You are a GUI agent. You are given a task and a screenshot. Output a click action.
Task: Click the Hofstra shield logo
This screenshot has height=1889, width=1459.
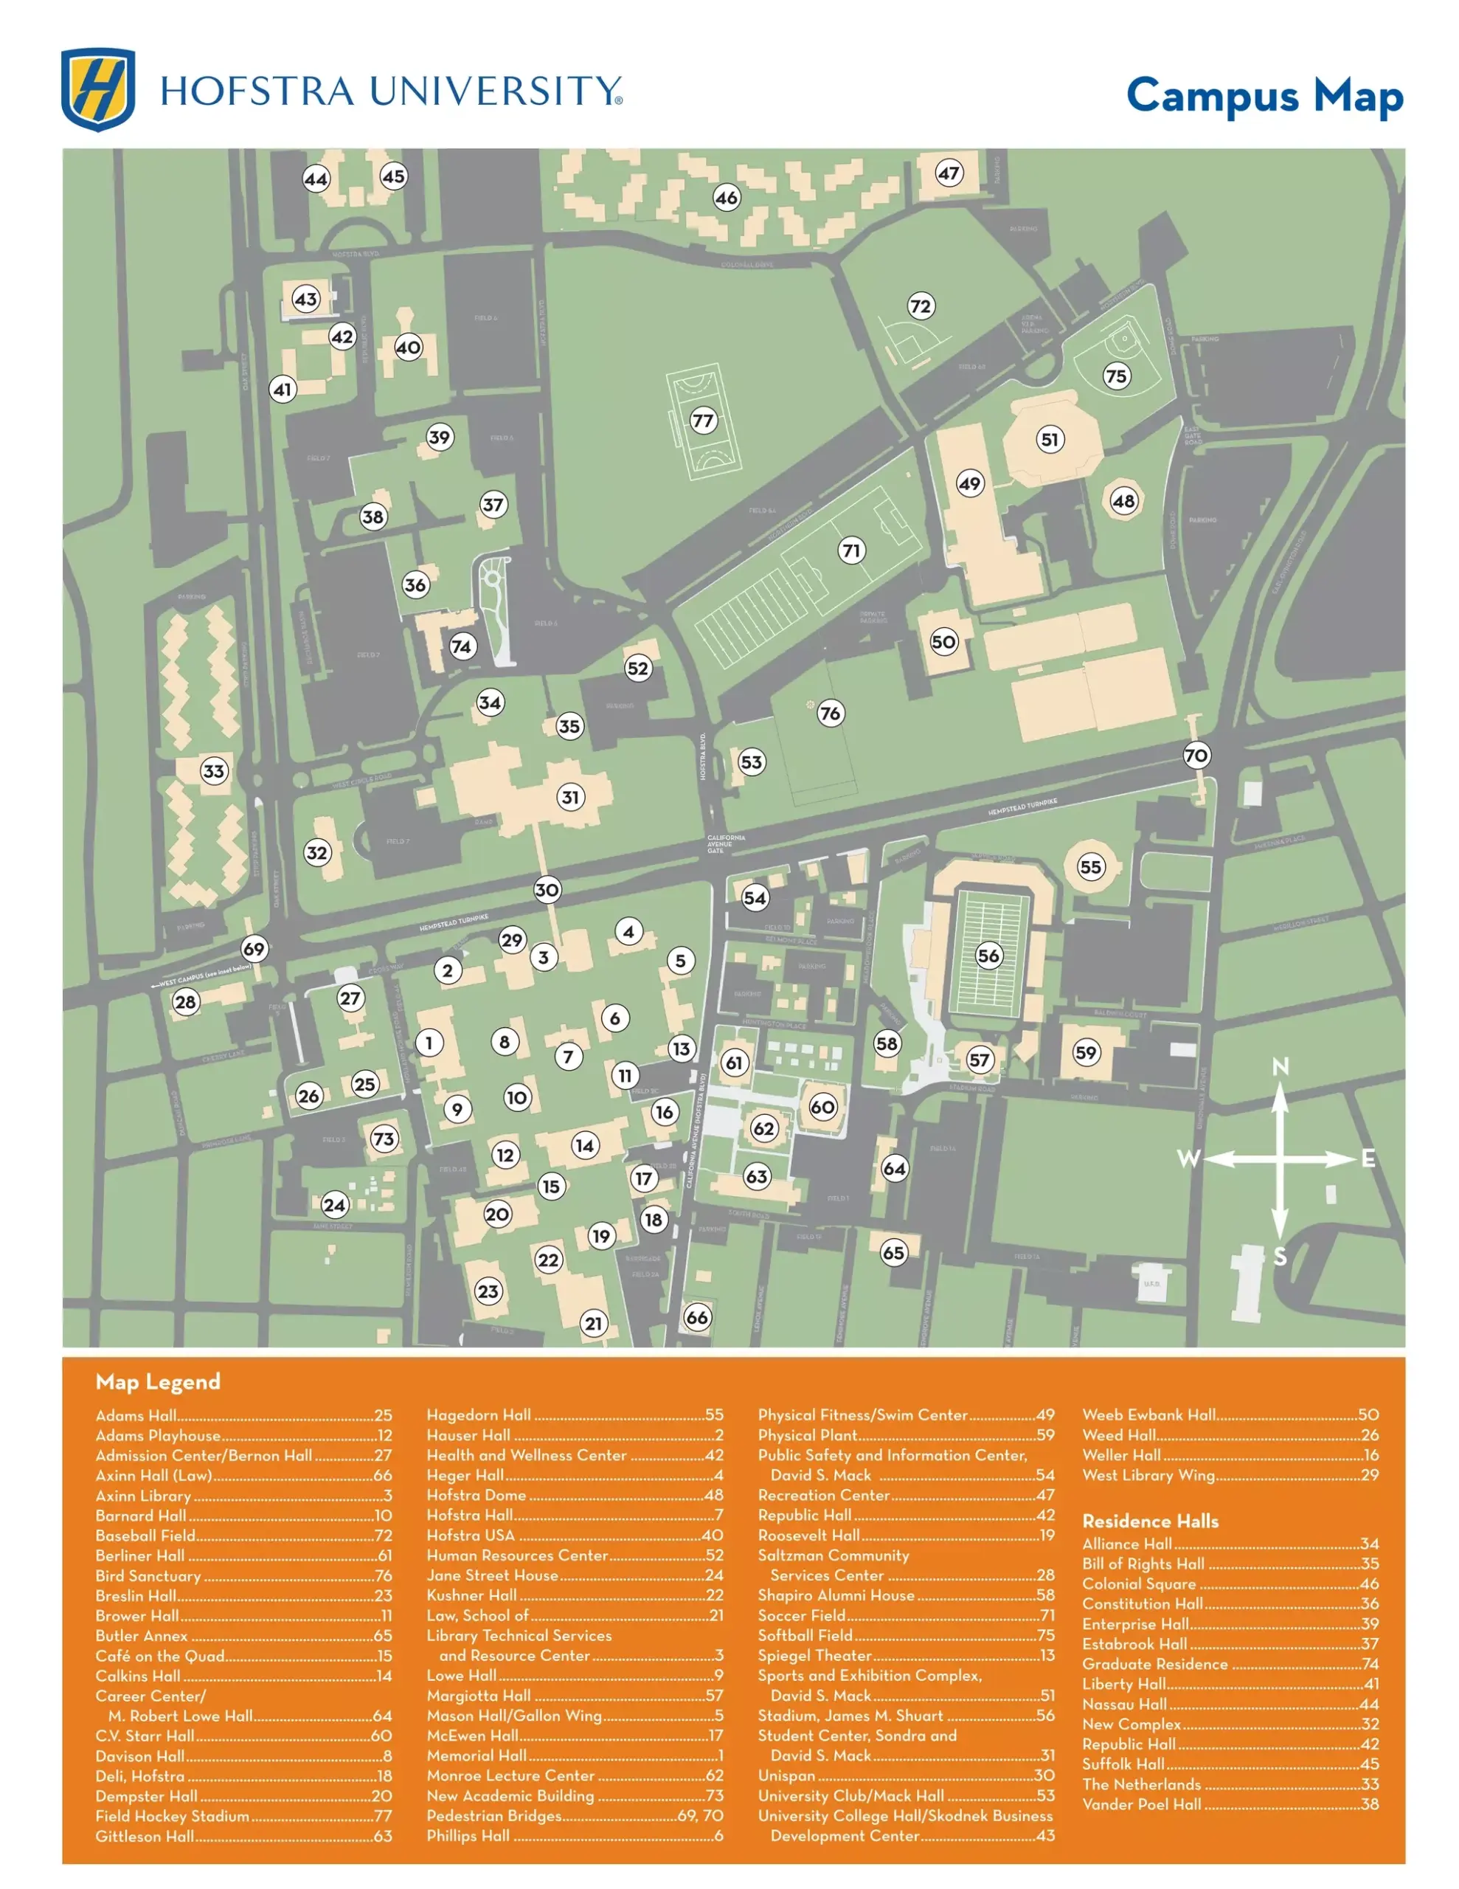(97, 89)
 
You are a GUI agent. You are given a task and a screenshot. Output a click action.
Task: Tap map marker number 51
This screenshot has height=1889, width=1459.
(1049, 439)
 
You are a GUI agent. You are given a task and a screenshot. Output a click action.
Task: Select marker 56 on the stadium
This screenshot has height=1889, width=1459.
(988, 956)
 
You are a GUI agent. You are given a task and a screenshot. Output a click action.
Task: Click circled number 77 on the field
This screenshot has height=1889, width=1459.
(703, 421)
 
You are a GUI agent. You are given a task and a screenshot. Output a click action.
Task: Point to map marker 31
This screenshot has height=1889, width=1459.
(570, 797)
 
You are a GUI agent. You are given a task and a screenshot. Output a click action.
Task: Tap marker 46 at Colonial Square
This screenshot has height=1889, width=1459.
(727, 197)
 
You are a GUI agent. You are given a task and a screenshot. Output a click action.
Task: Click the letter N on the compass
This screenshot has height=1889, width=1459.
(1280, 1066)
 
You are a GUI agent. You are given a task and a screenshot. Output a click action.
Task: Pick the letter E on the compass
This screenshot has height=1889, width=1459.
(1368, 1158)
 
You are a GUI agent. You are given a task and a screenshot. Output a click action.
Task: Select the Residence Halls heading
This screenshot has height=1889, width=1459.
(1149, 1521)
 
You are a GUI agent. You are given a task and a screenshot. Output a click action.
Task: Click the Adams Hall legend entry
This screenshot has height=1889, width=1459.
(243, 1416)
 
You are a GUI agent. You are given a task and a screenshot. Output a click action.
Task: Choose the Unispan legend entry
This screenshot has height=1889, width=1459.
(906, 1775)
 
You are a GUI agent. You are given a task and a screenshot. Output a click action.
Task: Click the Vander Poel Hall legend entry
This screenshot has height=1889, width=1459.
(1229, 1804)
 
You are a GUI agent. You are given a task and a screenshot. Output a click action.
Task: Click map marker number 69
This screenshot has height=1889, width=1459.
(254, 949)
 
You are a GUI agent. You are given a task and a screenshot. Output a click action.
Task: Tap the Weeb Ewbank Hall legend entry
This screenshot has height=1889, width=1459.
(1229, 1415)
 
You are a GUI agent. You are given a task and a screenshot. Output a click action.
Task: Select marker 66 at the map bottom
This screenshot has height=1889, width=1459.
(697, 1317)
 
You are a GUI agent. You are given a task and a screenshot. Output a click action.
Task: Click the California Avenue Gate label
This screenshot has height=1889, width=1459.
(726, 844)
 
